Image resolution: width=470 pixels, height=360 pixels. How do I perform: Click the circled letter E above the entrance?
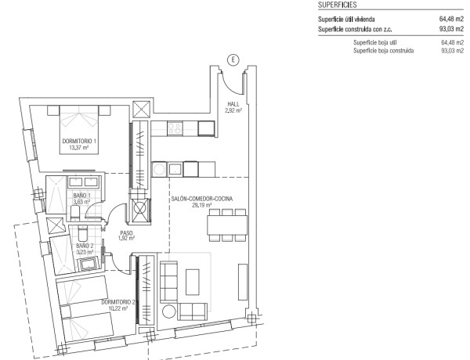233,60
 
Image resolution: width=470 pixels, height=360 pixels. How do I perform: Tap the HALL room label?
233,104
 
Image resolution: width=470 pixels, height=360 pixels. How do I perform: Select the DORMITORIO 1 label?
79,141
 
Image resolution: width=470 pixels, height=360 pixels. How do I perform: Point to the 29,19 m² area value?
202,205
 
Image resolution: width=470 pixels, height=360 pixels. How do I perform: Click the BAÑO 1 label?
81,196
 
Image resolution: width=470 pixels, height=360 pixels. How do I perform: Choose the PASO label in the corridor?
126,232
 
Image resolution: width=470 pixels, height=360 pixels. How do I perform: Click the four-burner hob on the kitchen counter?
174,128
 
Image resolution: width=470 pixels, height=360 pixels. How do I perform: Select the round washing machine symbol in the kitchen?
158,170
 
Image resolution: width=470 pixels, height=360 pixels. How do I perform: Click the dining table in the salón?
227,225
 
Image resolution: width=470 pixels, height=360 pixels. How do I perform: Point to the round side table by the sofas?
169,311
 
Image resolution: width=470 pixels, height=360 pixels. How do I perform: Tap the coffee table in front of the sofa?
193,282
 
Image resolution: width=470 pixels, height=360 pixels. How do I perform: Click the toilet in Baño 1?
75,213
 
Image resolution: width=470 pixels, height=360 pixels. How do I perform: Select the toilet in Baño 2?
82,232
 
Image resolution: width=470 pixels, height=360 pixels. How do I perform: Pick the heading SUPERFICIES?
337,5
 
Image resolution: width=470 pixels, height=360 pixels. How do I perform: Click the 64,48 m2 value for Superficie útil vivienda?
451,19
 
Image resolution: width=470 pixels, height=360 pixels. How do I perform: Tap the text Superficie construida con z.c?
355,30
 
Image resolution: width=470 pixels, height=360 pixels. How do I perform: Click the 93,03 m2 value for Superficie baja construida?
452,51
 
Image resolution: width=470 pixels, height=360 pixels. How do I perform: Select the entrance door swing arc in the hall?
230,85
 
